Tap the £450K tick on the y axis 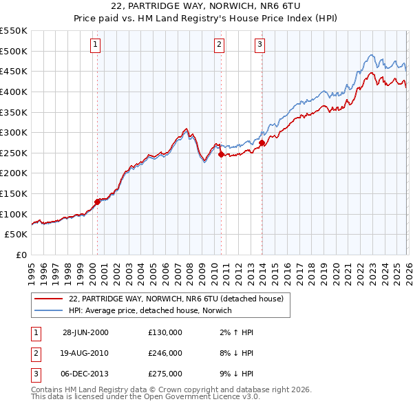pyautogui.click(x=14, y=71)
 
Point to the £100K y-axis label pyautogui.click(x=14, y=214)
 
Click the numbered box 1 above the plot pyautogui.click(x=94, y=45)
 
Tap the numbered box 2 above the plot pyautogui.click(x=219, y=45)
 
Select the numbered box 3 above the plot pyautogui.click(x=260, y=45)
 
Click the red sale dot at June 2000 pyautogui.click(x=97, y=202)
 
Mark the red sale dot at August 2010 pyautogui.click(x=221, y=155)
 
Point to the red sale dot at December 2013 pyautogui.click(x=262, y=143)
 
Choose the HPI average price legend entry pyautogui.click(x=150, y=311)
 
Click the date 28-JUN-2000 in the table pyautogui.click(x=85, y=332)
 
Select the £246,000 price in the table pyautogui.click(x=165, y=353)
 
